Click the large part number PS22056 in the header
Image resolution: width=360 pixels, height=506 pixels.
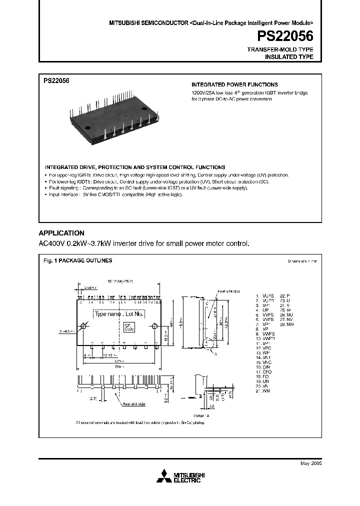285,36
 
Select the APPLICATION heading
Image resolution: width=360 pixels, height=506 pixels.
61,233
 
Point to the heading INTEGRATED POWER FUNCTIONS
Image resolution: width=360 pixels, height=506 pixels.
234,84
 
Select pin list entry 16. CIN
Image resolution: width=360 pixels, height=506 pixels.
263,367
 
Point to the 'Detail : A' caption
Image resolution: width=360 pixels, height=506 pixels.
201,415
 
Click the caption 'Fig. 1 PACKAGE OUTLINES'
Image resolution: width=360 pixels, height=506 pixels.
78,260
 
